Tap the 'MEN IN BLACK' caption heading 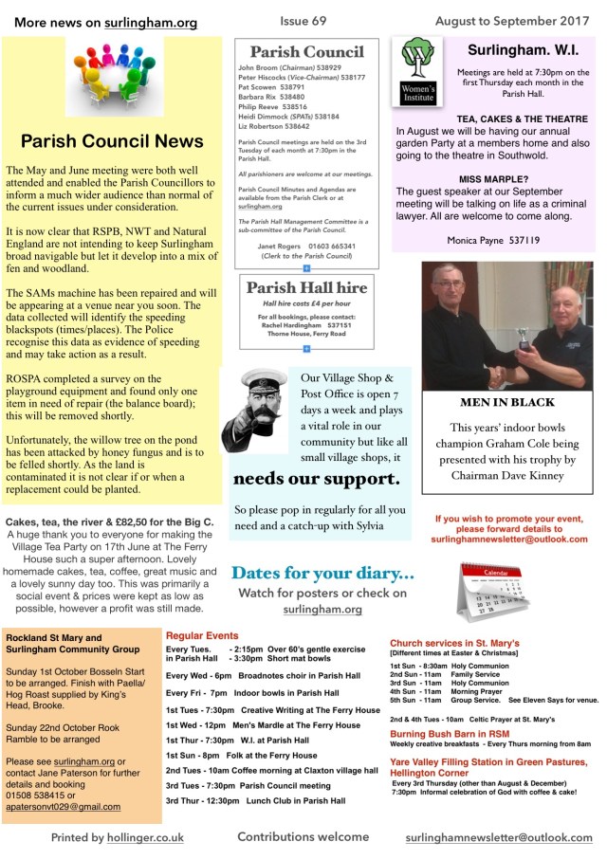point(500,402)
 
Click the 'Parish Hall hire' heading point(305,287)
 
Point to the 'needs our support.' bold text point(316,477)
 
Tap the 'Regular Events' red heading point(202,635)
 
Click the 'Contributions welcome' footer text point(303,837)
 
